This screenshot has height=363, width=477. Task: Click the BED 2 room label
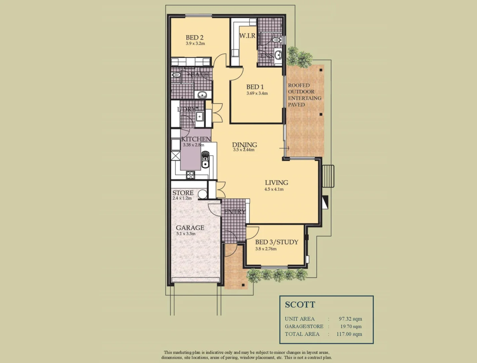pyautogui.click(x=194, y=38)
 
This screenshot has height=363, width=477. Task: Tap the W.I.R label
pyautogui.click(x=247, y=36)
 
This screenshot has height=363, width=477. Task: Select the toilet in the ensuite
pyautogui.click(x=276, y=40)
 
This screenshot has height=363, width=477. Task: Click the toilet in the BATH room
pyautogui.click(x=176, y=75)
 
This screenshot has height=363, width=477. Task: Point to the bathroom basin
pyautogui.click(x=202, y=94)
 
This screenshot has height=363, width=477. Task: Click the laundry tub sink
pyautogui.click(x=199, y=117)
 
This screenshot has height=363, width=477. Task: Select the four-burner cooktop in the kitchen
pyautogui.click(x=190, y=175)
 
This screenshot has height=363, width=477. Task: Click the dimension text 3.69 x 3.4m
pyautogui.click(x=257, y=93)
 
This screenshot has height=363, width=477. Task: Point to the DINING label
pyautogui.click(x=244, y=145)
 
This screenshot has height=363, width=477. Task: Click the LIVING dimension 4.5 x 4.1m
pyautogui.click(x=274, y=189)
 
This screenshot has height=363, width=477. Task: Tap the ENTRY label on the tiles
pyautogui.click(x=235, y=212)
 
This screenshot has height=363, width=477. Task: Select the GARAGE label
pyautogui.click(x=190, y=228)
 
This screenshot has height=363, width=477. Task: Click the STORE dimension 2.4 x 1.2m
pyautogui.click(x=182, y=198)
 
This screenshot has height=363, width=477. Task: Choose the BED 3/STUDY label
pyautogui.click(x=276, y=242)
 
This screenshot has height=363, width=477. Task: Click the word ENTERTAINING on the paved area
pyautogui.click(x=305, y=98)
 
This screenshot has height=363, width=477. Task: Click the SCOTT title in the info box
pyautogui.click(x=300, y=305)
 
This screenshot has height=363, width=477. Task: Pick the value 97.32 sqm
pyautogui.click(x=350, y=319)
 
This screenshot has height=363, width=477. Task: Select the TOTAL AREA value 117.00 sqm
pyautogui.click(x=349, y=334)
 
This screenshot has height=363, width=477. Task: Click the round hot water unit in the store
pyautogui.click(x=202, y=194)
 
